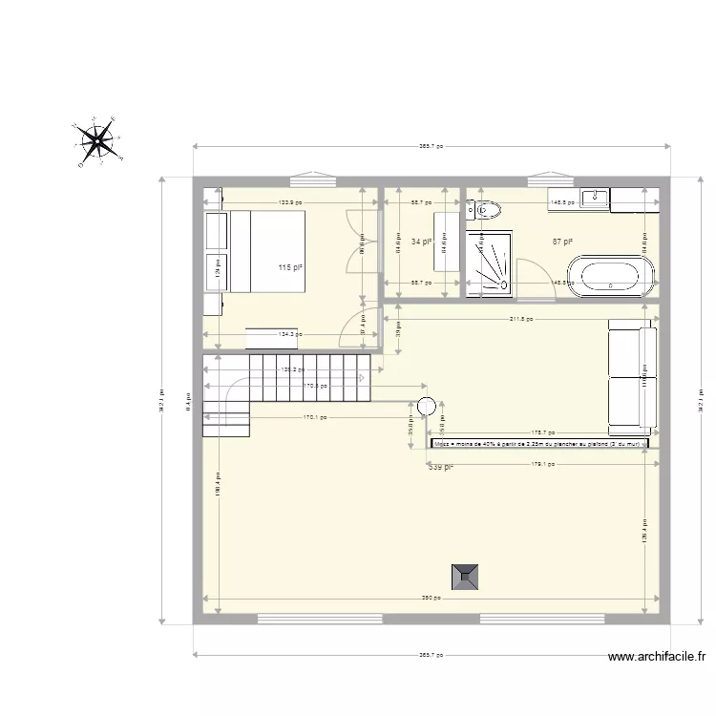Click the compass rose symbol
coord(97,142)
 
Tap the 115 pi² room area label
coord(290,269)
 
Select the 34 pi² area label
coord(421,242)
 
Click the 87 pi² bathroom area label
coord(562,242)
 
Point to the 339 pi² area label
coord(440,467)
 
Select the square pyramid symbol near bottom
coord(466,575)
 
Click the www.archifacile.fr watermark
coord(658,656)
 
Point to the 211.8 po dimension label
coord(522,320)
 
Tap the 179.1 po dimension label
coord(542,465)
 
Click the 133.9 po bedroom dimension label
coord(290,202)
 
